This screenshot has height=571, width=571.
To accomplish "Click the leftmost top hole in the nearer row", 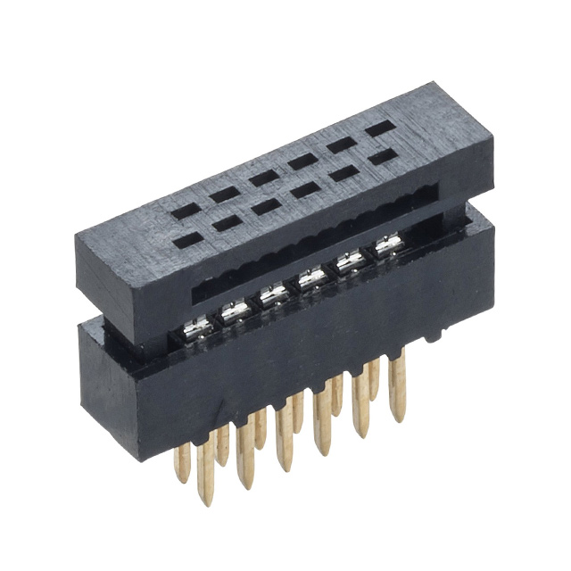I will coord(186,240).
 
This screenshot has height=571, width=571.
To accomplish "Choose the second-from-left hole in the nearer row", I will coord(226,223).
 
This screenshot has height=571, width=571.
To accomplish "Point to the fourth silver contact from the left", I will coord(311,279).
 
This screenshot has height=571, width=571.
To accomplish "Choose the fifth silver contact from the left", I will coord(349,262).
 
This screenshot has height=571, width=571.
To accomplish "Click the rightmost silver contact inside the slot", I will coord(385,246).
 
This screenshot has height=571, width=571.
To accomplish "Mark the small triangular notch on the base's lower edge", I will coord(434,337).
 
